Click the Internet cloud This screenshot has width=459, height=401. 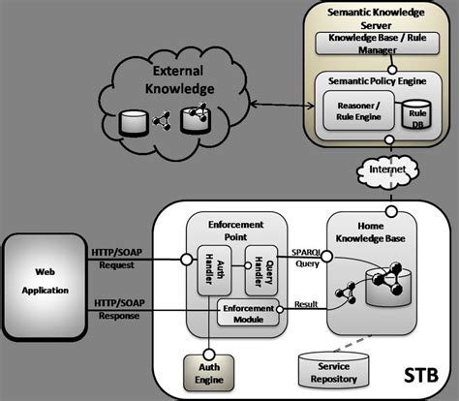[x=388, y=170]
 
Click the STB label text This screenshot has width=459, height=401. [x=418, y=373]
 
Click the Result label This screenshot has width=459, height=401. [x=306, y=302]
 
